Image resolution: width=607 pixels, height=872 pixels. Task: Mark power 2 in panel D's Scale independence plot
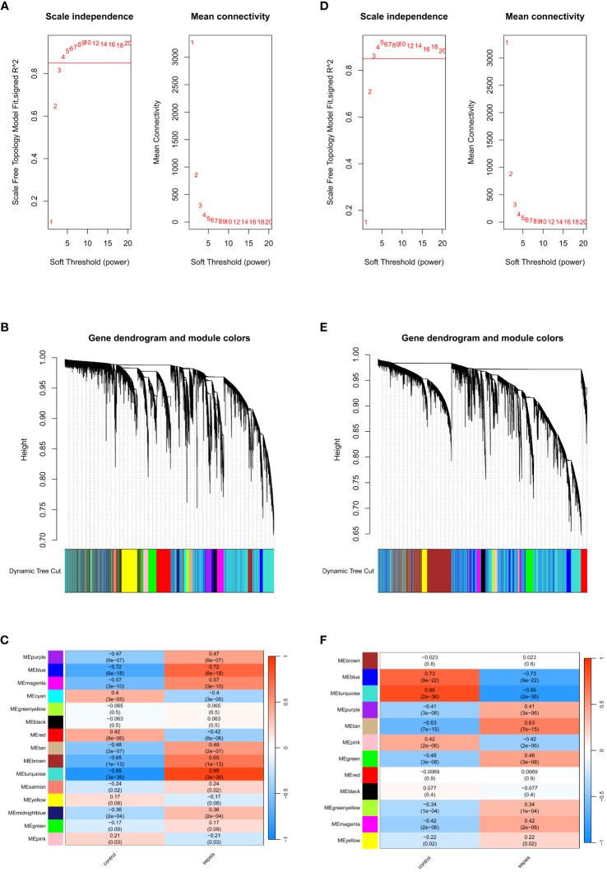[x=370, y=91]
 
